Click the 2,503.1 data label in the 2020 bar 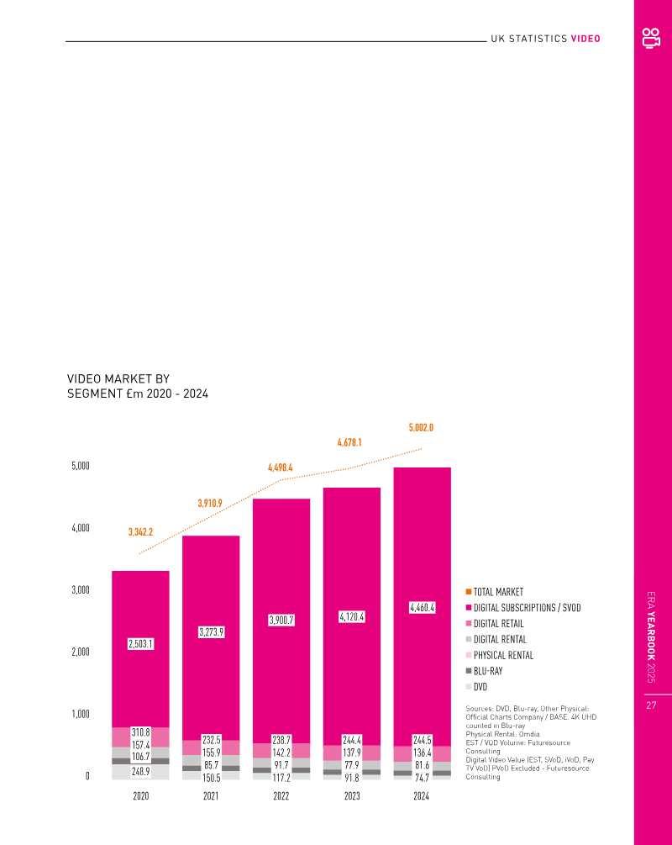[140, 643]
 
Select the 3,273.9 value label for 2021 [211, 631]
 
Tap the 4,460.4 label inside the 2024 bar [422, 607]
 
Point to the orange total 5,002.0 [421, 428]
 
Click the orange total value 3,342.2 [140, 532]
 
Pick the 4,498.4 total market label [281, 467]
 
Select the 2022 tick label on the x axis [281, 795]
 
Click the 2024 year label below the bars [422, 795]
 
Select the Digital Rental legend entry [500, 640]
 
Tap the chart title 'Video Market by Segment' [138, 387]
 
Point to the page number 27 [651, 706]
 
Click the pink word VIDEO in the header [585, 39]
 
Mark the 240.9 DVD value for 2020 [140, 771]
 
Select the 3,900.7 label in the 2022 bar [281, 620]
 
